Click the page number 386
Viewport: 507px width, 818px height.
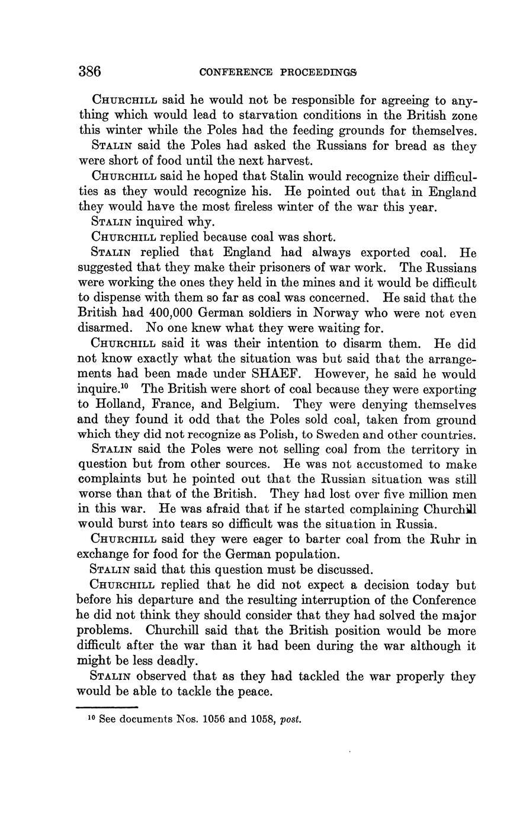(x=90, y=72)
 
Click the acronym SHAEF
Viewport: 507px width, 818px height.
(x=280, y=374)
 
